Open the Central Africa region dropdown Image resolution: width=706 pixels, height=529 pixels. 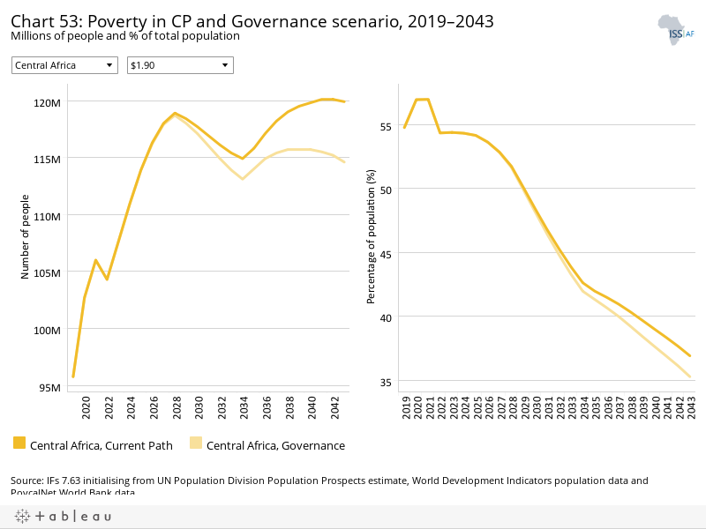[x=64, y=65]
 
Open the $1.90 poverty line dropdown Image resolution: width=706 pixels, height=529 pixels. [x=180, y=65]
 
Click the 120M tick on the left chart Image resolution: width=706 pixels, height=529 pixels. [x=48, y=102]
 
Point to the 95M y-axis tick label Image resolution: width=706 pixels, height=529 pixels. [x=49, y=387]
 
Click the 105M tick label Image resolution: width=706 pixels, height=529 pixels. [x=48, y=272]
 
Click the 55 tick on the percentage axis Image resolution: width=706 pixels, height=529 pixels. [x=385, y=127]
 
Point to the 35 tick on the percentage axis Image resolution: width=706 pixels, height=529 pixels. [x=385, y=382]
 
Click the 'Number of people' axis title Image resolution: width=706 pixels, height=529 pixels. [x=26, y=241]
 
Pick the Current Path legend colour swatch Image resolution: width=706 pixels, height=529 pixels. [x=20, y=444]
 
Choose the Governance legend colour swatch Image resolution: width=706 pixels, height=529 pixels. [x=196, y=444]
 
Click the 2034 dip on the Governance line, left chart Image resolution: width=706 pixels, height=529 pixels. [x=242, y=179]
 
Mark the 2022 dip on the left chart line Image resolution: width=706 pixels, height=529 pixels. [x=107, y=279]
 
